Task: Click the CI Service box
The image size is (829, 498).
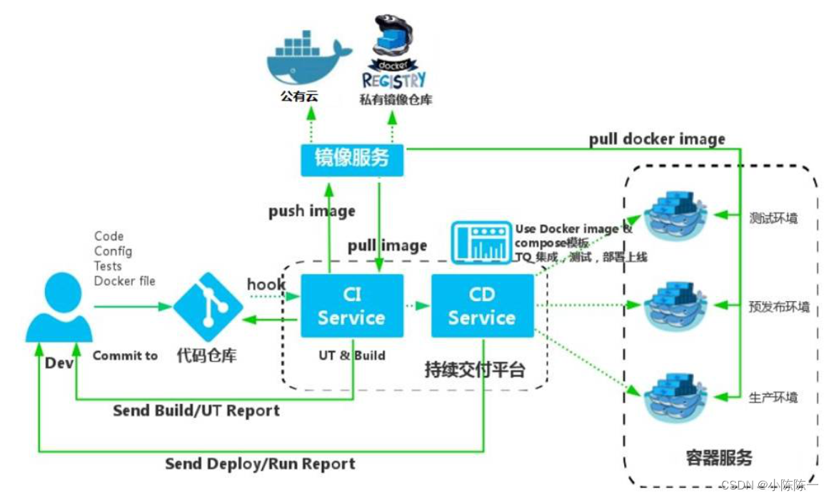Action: (x=351, y=306)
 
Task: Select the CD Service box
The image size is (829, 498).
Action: (x=482, y=306)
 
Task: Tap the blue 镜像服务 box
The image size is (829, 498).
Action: (x=352, y=158)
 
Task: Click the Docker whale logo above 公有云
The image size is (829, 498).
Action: (x=306, y=57)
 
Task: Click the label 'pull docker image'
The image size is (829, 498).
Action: (x=657, y=138)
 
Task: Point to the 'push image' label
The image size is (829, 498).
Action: (x=311, y=211)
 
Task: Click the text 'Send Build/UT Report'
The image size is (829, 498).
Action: (x=196, y=411)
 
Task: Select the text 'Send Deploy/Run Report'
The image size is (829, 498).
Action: (x=260, y=464)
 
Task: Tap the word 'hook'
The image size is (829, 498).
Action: (x=266, y=284)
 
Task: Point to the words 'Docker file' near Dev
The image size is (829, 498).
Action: (x=125, y=281)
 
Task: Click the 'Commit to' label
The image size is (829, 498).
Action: (x=125, y=355)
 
